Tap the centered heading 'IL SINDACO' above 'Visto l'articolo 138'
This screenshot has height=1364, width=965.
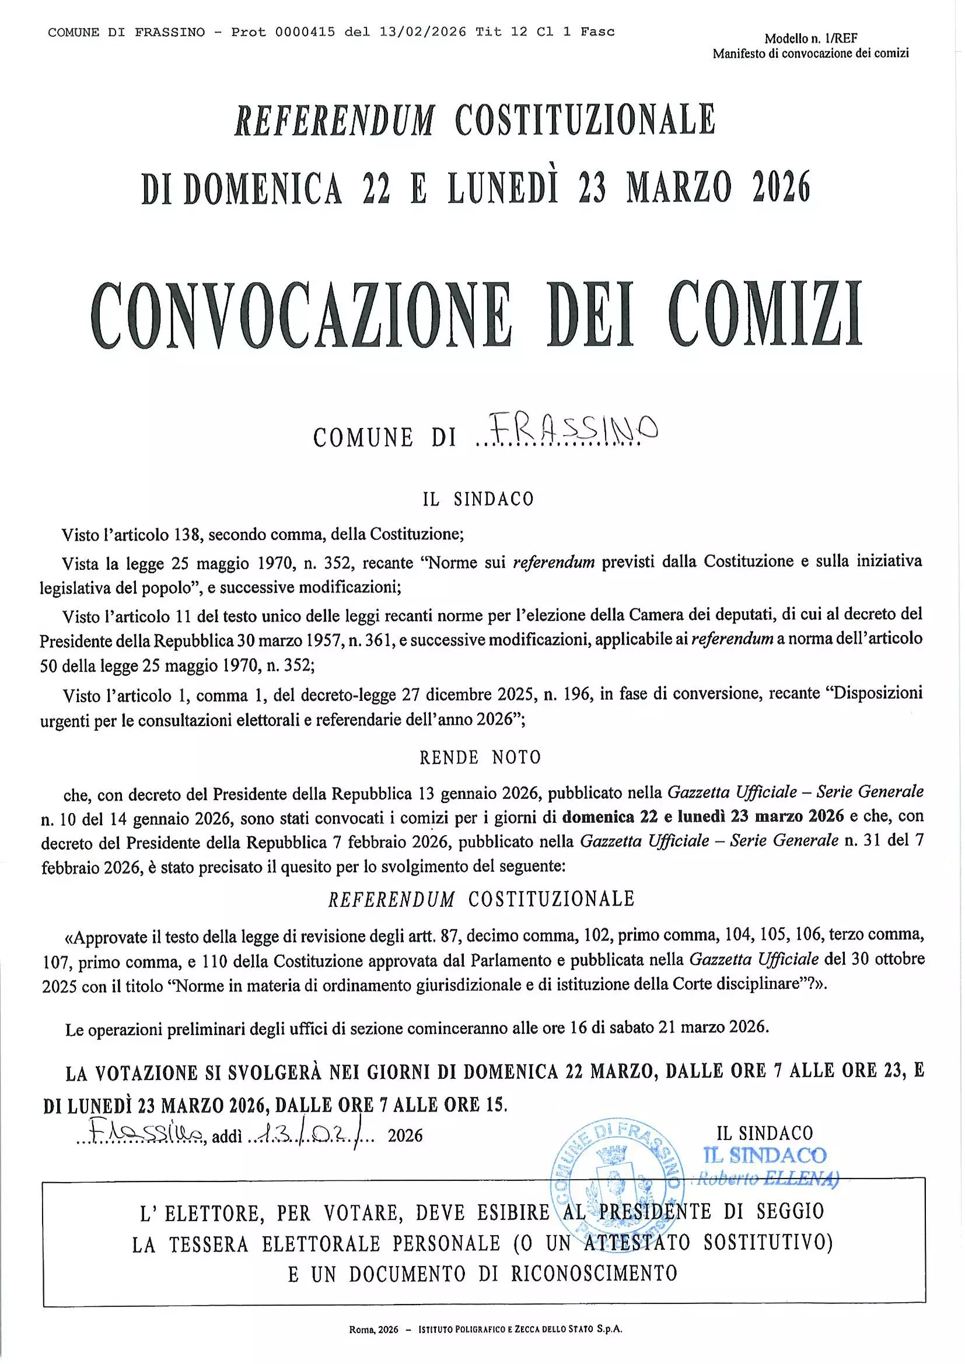478,499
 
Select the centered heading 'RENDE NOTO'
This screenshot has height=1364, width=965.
480,758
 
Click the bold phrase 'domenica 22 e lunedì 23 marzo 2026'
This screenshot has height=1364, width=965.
703,816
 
